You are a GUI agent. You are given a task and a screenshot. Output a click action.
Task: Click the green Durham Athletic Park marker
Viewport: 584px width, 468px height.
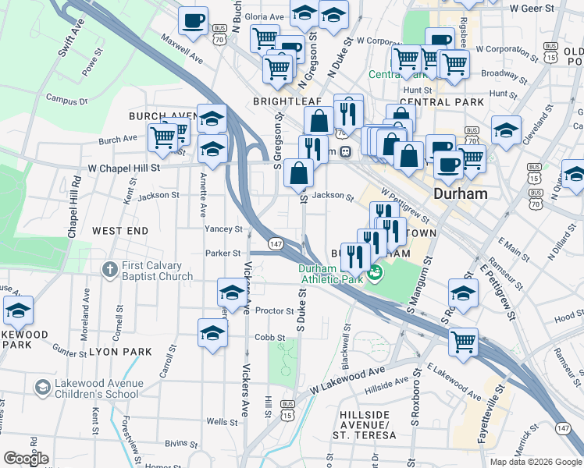pos(375,272)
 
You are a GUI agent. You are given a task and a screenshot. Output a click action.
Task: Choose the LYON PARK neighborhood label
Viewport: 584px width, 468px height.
pos(120,352)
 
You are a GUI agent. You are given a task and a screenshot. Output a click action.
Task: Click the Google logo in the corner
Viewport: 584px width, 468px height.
pos(26,459)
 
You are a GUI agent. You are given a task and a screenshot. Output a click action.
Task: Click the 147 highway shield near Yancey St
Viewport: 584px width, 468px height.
pos(275,243)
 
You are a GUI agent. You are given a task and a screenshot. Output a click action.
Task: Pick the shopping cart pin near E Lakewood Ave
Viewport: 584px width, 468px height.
pos(464,341)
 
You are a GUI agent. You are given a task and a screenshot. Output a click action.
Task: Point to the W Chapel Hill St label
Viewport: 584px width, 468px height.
pos(123,167)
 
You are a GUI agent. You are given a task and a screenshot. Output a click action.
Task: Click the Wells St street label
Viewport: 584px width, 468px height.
pos(223,422)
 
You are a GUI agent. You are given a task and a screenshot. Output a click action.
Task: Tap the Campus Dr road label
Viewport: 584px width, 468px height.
pos(66,99)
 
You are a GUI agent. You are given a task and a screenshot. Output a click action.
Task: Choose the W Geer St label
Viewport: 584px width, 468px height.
pos(532,8)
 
